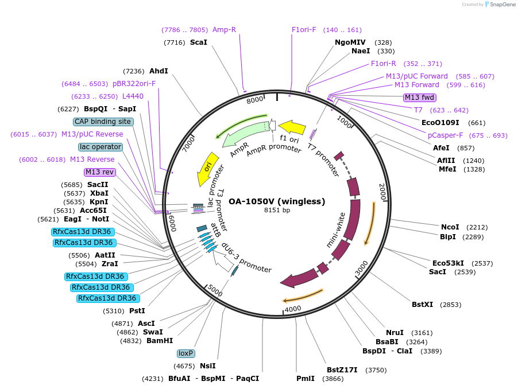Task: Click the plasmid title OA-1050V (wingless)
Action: tap(277, 201)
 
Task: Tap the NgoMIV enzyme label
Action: tap(350, 42)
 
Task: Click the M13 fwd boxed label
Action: tap(420, 97)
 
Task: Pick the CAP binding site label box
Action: tap(103, 122)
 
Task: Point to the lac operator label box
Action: tap(100, 147)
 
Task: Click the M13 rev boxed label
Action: tap(100, 172)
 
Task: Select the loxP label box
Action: tap(185, 353)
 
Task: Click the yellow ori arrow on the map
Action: tap(208, 168)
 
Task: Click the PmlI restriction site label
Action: tap(306, 379)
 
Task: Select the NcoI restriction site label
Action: tap(450, 227)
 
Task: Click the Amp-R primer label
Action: tap(224, 30)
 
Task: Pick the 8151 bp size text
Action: tap(277, 211)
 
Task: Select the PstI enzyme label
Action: tap(137, 311)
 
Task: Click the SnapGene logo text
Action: tap(502, 5)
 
